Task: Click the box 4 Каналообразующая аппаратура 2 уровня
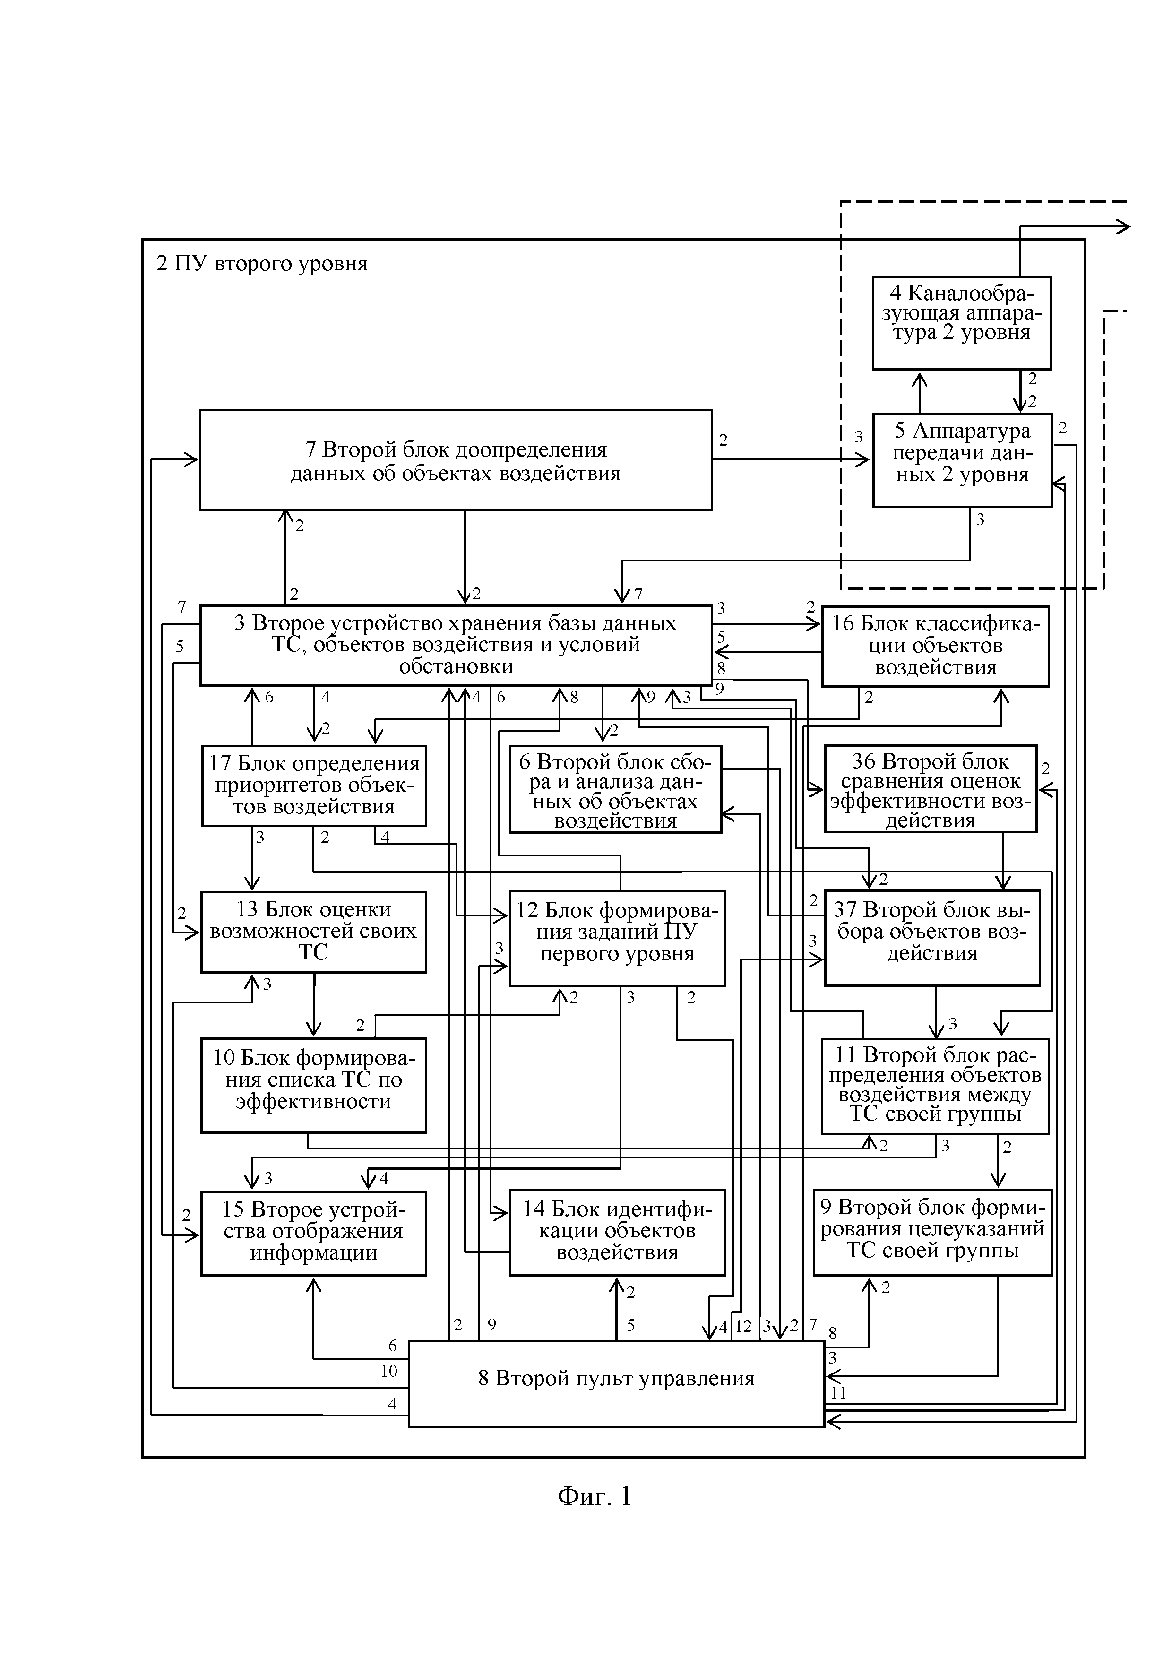pyautogui.click(x=961, y=323)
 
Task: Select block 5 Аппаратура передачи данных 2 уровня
pyautogui.click(x=962, y=460)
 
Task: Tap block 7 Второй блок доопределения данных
pyautogui.click(x=456, y=460)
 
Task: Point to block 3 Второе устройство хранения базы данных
pyautogui.click(x=456, y=644)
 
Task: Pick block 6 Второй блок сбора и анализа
pyautogui.click(x=615, y=788)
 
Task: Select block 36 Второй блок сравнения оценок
pyautogui.click(x=931, y=788)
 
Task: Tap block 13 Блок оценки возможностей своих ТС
pyautogui.click(x=313, y=932)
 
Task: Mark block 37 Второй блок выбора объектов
pyautogui.click(x=932, y=937)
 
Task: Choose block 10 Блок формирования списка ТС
pyautogui.click(x=313, y=1085)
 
